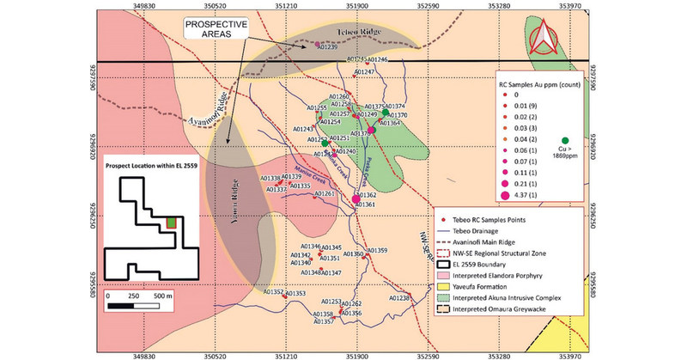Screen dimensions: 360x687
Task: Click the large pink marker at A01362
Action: tap(356, 199)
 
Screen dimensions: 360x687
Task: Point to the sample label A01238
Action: tap(399, 298)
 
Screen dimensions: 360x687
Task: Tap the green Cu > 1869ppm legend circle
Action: tap(564, 141)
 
